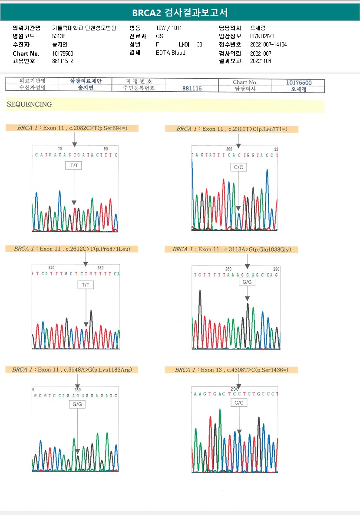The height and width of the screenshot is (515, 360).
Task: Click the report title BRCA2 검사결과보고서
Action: (x=180, y=13)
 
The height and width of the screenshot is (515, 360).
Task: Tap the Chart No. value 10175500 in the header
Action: (x=63, y=53)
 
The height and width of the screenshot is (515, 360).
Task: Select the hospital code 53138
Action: (x=59, y=36)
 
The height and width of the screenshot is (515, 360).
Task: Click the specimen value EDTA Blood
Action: (x=171, y=53)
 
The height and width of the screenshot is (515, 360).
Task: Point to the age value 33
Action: (x=199, y=44)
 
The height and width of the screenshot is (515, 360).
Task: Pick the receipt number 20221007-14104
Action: (x=268, y=44)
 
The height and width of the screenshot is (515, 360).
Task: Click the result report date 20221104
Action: (x=261, y=61)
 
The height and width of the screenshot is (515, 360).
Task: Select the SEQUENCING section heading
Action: (x=29, y=104)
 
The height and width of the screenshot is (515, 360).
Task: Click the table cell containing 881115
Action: (x=192, y=88)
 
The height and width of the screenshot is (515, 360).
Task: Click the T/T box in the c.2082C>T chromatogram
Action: (x=73, y=166)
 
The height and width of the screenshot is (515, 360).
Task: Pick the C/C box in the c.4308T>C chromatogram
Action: (x=239, y=403)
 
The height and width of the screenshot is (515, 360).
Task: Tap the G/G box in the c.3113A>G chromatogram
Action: (x=247, y=282)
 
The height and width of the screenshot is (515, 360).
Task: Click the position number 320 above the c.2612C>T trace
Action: (x=51, y=268)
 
